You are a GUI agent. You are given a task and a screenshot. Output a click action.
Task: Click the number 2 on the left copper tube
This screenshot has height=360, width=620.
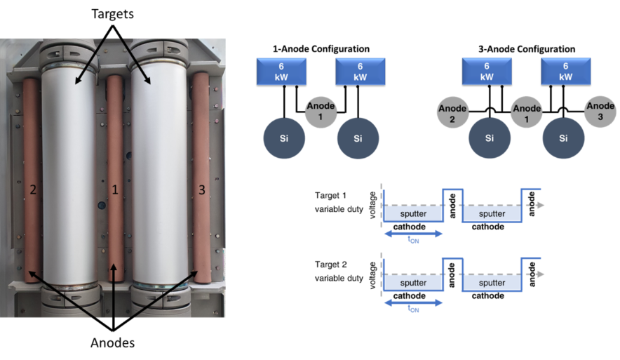point(32,189)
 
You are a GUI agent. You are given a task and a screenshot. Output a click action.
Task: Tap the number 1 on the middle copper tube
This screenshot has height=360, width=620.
point(116,189)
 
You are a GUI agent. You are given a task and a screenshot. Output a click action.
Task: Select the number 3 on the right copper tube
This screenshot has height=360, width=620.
point(201,189)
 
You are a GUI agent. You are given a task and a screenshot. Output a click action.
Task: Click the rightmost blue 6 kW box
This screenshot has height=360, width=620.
point(565,71)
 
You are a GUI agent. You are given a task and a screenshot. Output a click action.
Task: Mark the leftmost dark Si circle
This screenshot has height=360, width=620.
point(284,138)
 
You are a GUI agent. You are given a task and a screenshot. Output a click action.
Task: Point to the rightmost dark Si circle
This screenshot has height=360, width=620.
point(563,138)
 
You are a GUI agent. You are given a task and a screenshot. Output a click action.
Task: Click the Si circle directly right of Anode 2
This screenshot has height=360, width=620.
point(490,138)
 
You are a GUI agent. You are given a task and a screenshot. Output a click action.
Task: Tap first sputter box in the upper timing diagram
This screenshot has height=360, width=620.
point(413,213)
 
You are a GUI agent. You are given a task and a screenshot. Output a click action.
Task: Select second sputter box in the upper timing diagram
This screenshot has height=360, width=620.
point(491,213)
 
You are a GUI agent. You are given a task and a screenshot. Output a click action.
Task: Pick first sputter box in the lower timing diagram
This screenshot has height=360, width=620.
point(413,283)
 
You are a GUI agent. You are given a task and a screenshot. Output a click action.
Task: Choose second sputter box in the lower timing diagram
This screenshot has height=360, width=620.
point(491,283)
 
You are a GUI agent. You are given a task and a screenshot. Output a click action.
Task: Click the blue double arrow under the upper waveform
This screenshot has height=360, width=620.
point(413,234)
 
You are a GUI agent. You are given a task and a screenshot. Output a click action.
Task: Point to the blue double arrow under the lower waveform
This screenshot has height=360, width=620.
point(413,303)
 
